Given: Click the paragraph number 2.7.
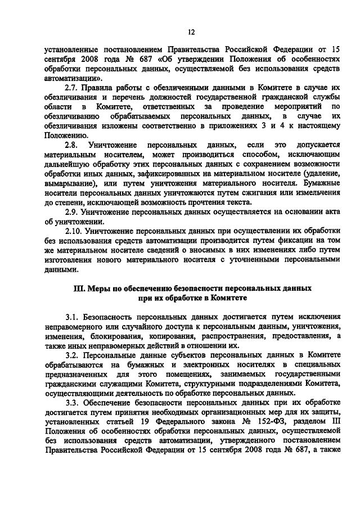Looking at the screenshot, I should tap(71, 88).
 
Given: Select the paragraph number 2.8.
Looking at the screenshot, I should tap(71, 145).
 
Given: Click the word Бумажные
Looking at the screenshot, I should tap(321, 183).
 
